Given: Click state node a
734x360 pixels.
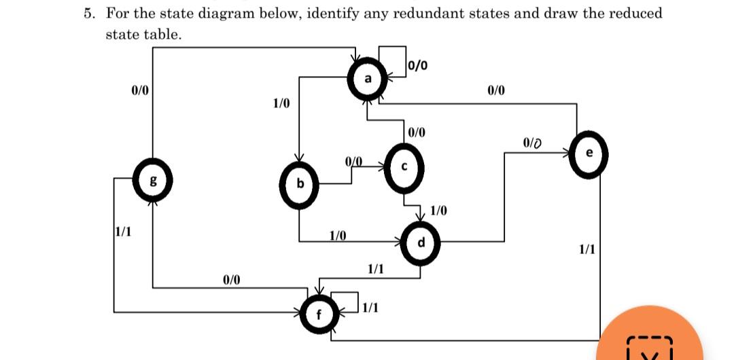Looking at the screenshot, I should tap(368, 79).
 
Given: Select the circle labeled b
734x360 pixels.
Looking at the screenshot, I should tap(299, 184).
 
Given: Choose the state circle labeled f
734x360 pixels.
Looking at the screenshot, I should tap(319, 314).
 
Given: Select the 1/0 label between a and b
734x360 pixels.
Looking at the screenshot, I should tap(281, 104).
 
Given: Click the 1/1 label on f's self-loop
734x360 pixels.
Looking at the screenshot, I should tap(370, 308).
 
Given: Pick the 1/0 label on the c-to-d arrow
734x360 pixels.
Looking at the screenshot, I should tap(439, 211).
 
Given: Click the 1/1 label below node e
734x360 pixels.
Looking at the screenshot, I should tap(587, 249).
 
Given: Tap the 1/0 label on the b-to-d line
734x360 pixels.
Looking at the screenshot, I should tap(338, 236).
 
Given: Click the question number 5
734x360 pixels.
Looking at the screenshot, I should tap(88, 14).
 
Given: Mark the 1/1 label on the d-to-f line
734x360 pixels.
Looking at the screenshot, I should tap(375, 270).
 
